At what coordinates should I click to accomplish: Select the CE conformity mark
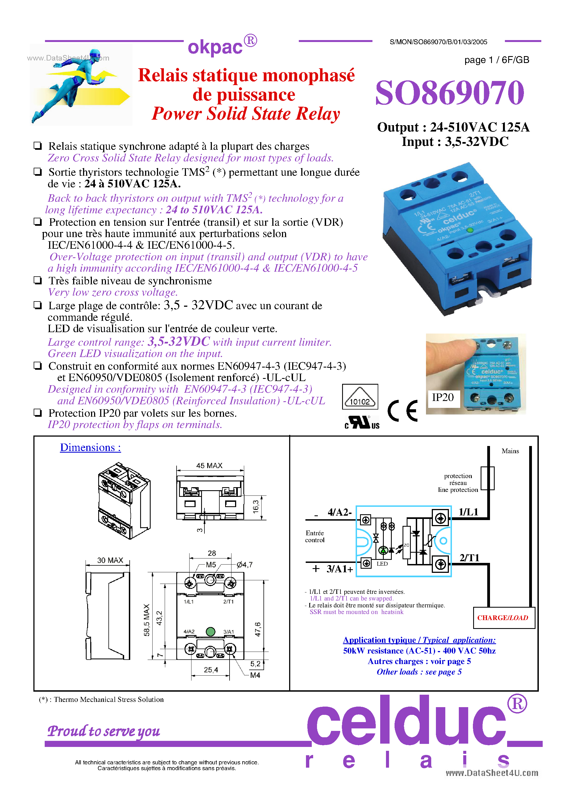(x=403, y=410)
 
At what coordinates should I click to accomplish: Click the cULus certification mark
(x=362, y=422)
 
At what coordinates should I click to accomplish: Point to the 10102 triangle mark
(x=360, y=397)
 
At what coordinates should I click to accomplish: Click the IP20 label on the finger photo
(x=443, y=397)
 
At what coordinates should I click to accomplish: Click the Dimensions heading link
(x=90, y=447)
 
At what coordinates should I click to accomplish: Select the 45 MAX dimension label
(x=209, y=466)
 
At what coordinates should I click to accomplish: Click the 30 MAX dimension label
(x=110, y=560)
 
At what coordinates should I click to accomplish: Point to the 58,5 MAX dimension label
(x=147, y=620)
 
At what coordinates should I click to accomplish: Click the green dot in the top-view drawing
(x=210, y=632)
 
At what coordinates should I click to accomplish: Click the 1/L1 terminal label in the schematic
(x=468, y=512)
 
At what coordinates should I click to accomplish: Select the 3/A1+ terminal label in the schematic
(x=339, y=569)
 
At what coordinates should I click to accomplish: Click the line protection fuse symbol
(x=488, y=478)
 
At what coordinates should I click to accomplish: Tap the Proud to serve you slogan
(x=104, y=731)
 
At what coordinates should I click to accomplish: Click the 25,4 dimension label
(x=211, y=670)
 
